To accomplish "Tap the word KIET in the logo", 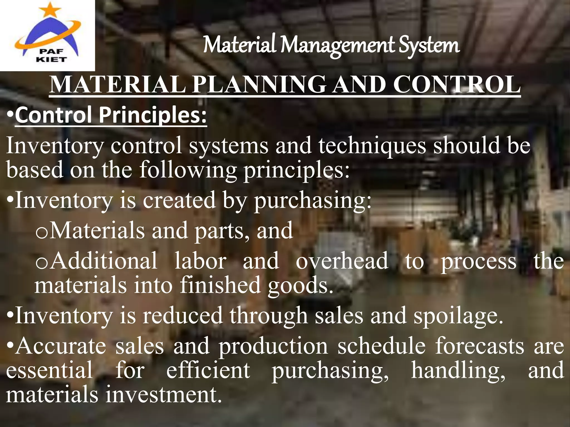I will click(51, 59).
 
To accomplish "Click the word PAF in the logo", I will click(51, 51).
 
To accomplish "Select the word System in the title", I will click(429, 46).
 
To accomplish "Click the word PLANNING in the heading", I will click(259, 85).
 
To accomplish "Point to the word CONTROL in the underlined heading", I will click(456, 85).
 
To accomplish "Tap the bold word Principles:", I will click(153, 115).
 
